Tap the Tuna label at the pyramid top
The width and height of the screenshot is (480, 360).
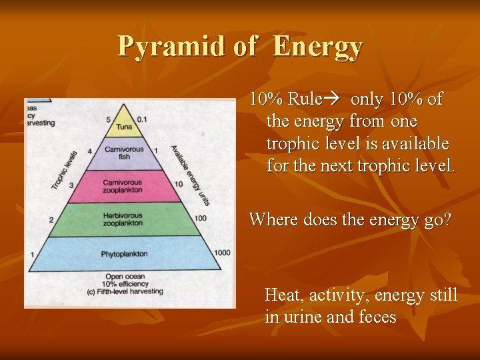pos(123,126)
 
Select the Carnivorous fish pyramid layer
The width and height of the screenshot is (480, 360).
pos(123,153)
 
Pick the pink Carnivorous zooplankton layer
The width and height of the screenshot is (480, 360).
pos(123,186)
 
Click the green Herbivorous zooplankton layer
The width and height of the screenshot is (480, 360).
pos(123,219)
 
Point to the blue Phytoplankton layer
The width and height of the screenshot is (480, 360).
pos(123,254)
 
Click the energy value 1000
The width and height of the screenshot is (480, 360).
pos(223,253)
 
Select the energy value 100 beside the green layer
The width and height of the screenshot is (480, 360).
pos(201,218)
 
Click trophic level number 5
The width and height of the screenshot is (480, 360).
pos(108,119)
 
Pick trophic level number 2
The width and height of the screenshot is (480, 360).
pos(51,219)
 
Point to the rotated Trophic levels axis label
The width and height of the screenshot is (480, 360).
pos(65,170)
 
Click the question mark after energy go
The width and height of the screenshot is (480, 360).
pos(446,220)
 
